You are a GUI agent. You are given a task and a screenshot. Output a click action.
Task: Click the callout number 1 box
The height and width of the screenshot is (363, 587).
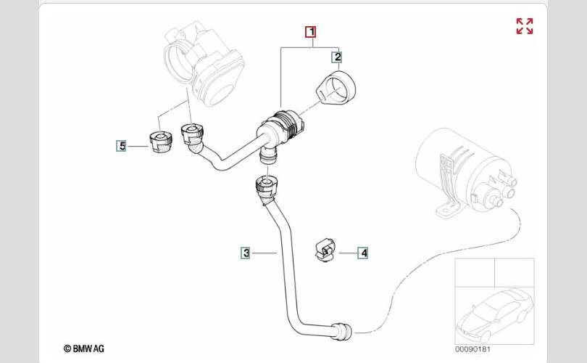click(311, 32)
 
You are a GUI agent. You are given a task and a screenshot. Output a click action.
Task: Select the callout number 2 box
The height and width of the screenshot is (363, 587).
click(337, 57)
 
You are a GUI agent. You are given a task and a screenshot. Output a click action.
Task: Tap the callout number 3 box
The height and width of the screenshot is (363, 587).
click(246, 253)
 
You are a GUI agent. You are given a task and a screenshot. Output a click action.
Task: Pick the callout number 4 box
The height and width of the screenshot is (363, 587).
click(363, 253)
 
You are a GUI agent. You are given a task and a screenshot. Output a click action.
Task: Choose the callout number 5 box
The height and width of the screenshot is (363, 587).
click(122, 146)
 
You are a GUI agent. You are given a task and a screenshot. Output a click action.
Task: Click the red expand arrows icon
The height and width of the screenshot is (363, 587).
click(525, 26)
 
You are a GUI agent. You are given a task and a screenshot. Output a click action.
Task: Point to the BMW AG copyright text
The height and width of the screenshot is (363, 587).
click(84, 348)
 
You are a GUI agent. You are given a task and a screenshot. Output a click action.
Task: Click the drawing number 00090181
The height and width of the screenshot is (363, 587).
click(472, 349)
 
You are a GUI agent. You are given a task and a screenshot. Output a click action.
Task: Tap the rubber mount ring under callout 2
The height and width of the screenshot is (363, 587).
click(336, 87)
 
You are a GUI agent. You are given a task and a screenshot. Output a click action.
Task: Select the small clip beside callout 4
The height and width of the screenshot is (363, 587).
click(325, 250)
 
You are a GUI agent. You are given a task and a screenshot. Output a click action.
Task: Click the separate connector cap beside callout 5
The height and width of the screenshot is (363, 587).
click(161, 142)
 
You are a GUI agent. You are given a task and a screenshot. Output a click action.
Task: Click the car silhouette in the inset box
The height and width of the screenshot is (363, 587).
click(495, 314)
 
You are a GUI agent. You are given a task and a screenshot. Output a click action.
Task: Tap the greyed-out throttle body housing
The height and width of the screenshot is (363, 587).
click(204, 64)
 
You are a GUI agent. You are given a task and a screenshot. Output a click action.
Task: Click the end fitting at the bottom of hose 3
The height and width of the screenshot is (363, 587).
click(343, 331)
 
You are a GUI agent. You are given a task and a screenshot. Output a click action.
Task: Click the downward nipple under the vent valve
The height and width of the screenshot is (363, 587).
click(268, 155)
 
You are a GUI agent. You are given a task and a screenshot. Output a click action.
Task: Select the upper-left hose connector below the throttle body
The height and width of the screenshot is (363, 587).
click(192, 136)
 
